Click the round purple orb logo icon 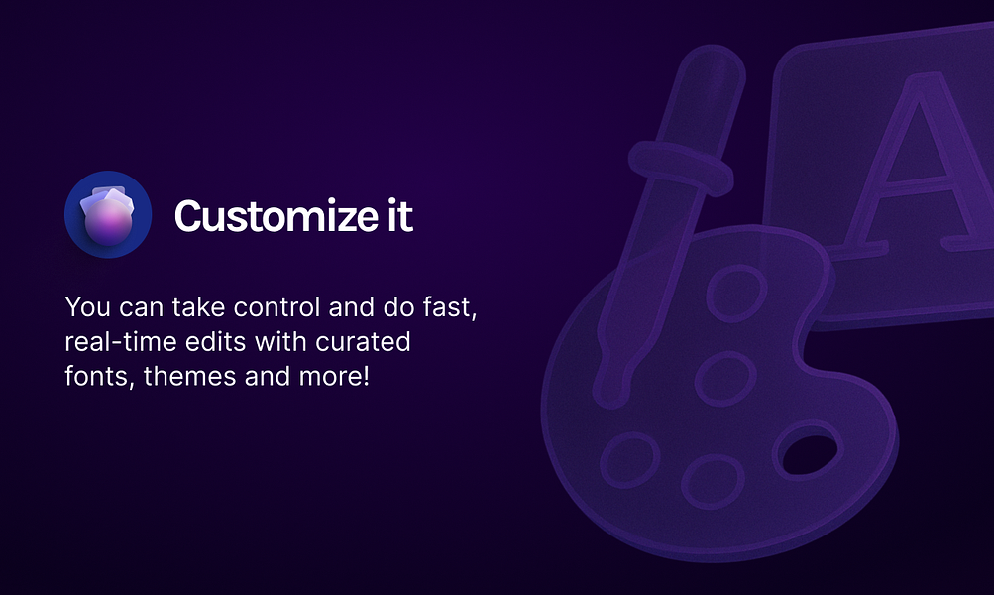click(x=108, y=214)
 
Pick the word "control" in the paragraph click(x=276, y=307)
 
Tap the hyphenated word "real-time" click(x=121, y=342)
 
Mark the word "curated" click(x=364, y=342)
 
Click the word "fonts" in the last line click(x=99, y=376)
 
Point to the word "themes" click(x=189, y=376)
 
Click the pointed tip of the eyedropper click(x=609, y=400)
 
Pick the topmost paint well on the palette click(x=736, y=294)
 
